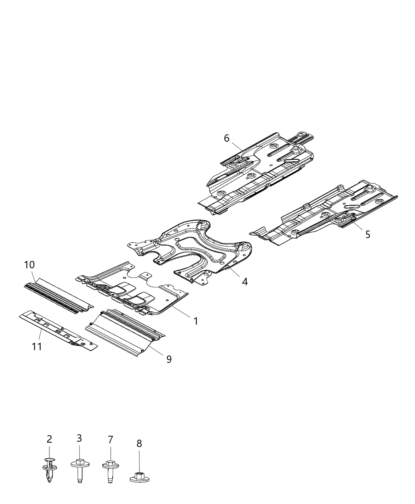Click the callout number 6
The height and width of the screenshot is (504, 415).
coord(226,138)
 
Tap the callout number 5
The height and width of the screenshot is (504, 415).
coord(368,234)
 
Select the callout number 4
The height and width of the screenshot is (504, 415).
coord(245,281)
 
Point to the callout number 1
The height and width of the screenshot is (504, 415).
coord(196,321)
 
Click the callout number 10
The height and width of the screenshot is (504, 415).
coord(30,264)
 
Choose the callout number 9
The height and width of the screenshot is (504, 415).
coord(169,359)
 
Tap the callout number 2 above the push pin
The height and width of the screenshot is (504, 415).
coord(49,439)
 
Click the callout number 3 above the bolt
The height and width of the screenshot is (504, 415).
coord(79,438)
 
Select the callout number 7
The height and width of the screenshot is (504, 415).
coord(110,440)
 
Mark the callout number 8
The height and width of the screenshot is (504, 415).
coord(139,444)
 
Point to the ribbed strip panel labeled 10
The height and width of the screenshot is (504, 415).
coord(57,294)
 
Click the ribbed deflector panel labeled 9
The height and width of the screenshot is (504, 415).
coord(124,330)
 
